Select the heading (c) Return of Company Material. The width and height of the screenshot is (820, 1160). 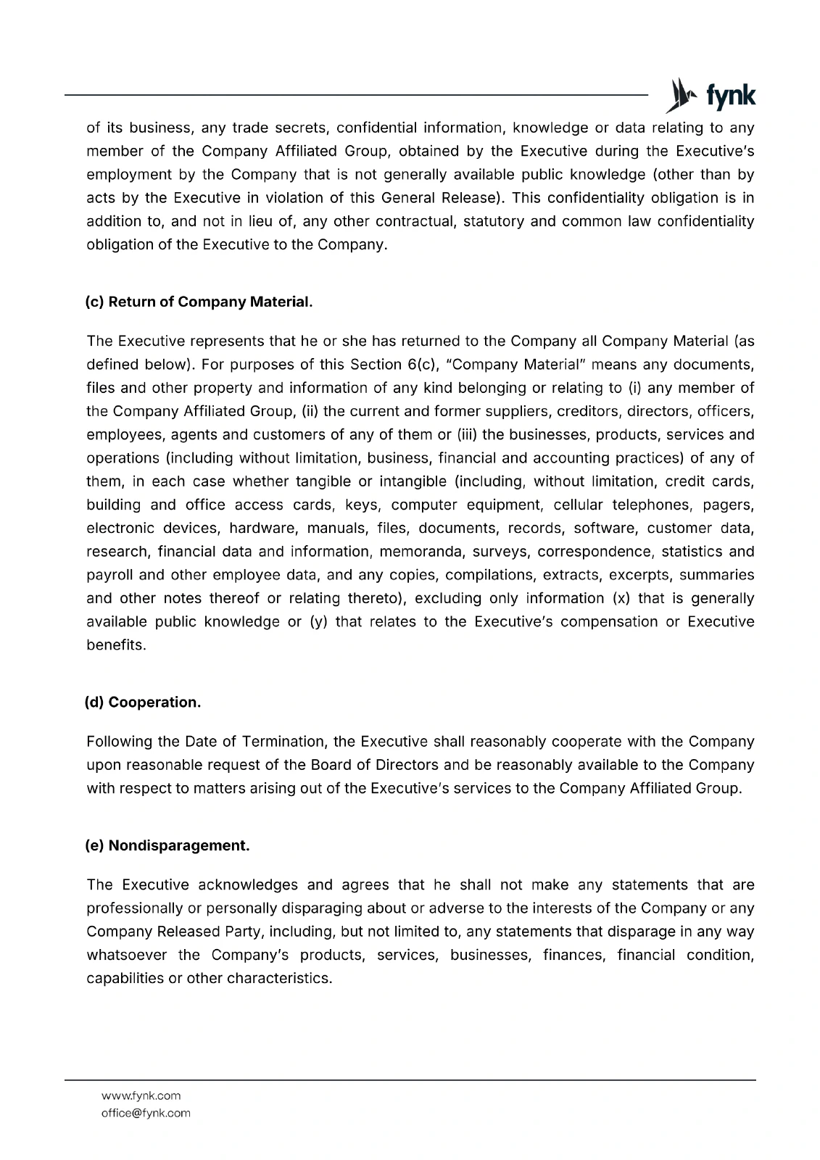click(x=199, y=302)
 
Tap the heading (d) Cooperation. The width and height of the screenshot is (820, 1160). click(x=143, y=703)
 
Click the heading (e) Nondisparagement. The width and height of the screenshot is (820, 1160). click(x=167, y=845)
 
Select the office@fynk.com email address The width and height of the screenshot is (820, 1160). click(x=146, y=1113)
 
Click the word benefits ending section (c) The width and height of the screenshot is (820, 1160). click(x=115, y=645)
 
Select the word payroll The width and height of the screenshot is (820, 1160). click(x=109, y=575)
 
